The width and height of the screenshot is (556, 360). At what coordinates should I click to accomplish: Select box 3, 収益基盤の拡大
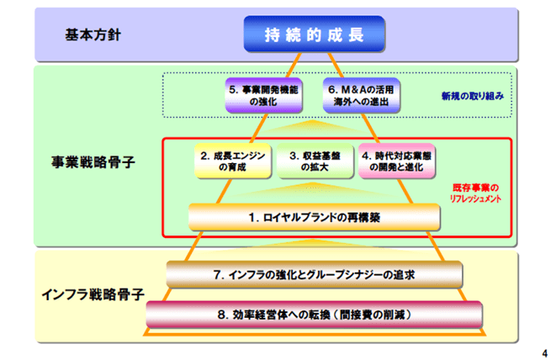click(x=315, y=161)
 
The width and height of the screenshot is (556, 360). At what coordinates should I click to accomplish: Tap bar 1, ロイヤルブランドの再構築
click(x=315, y=217)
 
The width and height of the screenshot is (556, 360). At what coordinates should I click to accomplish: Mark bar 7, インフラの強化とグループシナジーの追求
click(x=315, y=274)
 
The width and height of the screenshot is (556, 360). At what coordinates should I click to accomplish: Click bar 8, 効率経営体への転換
click(x=315, y=314)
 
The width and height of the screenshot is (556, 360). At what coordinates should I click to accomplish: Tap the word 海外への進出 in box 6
click(x=363, y=103)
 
